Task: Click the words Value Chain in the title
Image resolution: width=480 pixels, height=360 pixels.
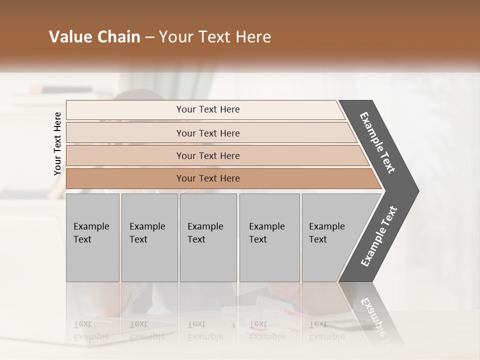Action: click(x=94, y=37)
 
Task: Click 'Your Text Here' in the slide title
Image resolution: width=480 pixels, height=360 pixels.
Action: click(x=215, y=37)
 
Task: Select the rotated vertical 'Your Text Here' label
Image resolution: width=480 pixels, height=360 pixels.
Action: click(x=57, y=143)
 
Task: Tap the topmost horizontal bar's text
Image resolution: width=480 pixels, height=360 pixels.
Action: click(x=208, y=109)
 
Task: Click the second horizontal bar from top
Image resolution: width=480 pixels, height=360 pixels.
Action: click(x=208, y=133)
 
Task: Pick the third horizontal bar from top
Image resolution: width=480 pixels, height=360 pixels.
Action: click(x=208, y=156)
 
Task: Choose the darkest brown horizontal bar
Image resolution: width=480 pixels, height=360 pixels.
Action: click(x=208, y=178)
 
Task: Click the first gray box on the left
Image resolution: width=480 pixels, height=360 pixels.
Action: click(x=92, y=237)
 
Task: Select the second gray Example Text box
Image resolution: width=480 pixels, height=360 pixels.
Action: click(x=149, y=237)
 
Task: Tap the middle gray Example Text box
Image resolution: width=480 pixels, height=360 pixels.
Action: click(x=208, y=237)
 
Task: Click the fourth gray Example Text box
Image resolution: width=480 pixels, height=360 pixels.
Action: click(x=269, y=237)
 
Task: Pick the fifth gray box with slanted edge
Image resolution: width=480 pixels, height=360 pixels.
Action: click(x=330, y=237)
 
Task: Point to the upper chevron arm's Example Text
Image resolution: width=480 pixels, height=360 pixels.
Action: click(x=377, y=142)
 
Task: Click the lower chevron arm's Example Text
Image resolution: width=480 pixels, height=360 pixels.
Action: click(x=379, y=236)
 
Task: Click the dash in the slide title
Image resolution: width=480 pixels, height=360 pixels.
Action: click(x=149, y=37)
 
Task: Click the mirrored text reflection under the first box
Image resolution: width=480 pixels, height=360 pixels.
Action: click(x=91, y=330)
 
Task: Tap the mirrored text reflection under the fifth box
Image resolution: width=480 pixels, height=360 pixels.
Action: click(x=326, y=330)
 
